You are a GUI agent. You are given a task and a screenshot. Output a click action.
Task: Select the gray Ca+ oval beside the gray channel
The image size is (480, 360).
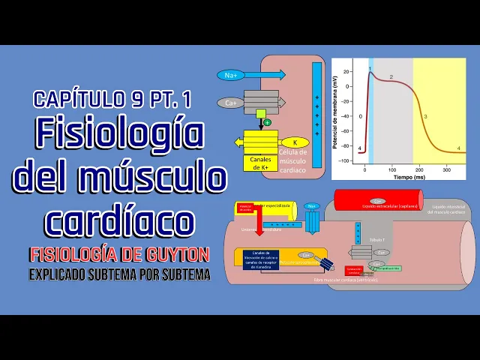229,102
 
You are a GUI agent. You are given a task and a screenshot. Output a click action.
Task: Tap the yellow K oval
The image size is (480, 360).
295,142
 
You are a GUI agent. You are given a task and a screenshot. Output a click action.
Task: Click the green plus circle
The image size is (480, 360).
268,122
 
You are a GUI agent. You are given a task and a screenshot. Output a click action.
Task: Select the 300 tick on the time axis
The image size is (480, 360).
447,171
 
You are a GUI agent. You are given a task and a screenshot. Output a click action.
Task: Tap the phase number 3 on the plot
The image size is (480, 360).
425,117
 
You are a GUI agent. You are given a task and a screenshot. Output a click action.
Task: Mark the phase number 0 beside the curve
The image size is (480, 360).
360,116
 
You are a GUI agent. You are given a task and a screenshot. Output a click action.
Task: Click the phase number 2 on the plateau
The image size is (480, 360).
391,77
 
